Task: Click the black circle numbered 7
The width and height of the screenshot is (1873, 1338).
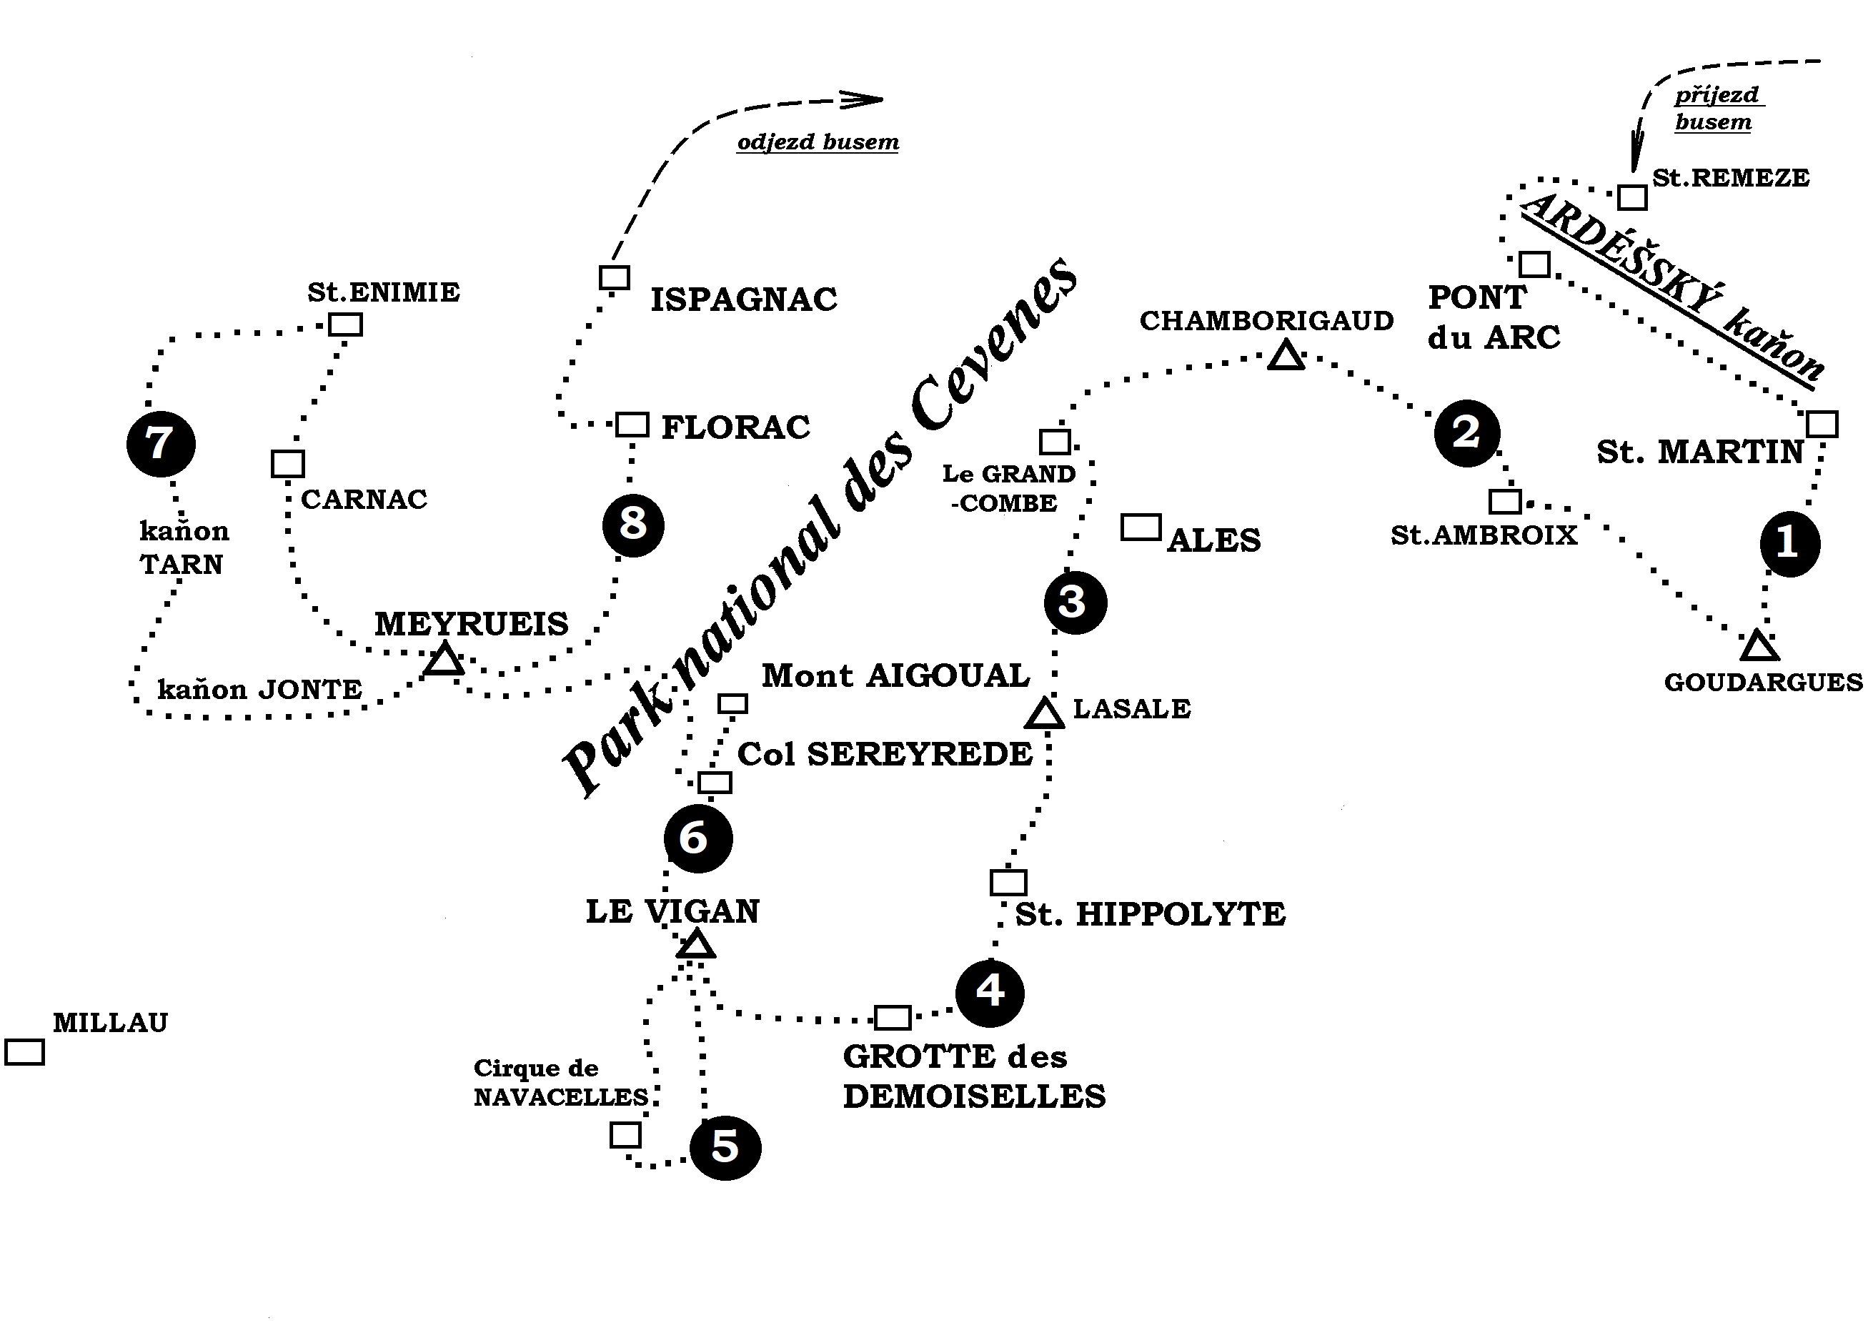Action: (161, 444)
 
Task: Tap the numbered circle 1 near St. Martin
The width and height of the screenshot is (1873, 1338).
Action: (1789, 544)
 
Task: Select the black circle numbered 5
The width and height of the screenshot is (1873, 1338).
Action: (725, 1147)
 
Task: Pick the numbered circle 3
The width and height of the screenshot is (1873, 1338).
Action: (1075, 603)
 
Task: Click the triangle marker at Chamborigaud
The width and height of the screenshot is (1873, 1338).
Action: (1285, 357)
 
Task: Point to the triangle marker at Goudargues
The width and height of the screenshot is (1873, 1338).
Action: (1759, 647)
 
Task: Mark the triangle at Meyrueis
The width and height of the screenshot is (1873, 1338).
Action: (444, 660)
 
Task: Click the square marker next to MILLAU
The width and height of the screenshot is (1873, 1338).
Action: (24, 1052)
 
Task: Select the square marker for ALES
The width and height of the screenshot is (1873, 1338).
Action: (1141, 527)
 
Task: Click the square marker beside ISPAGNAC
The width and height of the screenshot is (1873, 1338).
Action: (615, 277)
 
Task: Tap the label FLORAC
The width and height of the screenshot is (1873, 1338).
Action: (735, 427)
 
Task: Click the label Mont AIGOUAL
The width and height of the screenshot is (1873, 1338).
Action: (895, 675)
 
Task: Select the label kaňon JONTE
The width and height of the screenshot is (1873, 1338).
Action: (259, 689)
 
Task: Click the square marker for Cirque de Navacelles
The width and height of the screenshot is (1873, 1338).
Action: (625, 1135)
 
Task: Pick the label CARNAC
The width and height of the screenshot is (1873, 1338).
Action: (364, 500)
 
